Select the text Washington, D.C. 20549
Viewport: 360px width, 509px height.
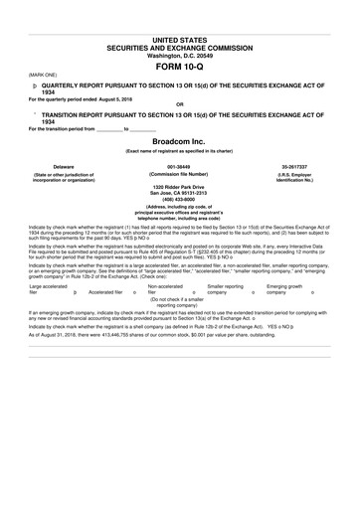point(179,55)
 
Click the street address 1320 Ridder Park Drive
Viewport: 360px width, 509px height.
point(179,187)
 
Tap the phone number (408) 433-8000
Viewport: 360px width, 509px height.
point(179,201)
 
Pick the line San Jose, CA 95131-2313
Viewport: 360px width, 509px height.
point(179,194)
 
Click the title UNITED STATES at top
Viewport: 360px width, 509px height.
point(179,38)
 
